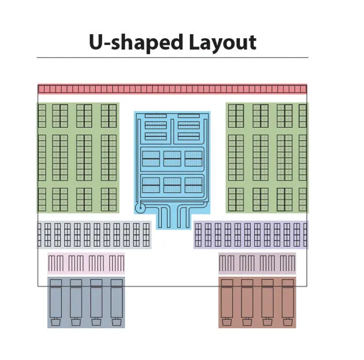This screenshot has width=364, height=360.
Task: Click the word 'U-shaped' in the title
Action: click(x=135, y=42)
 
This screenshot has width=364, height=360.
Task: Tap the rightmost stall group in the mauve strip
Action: click(x=287, y=263)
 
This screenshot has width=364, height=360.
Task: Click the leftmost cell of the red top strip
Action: click(x=41, y=89)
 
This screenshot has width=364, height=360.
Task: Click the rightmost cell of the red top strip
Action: click(x=304, y=89)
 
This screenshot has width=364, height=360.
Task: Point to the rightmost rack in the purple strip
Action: click(x=304, y=235)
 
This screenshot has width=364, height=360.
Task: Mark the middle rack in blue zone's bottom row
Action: click(x=172, y=185)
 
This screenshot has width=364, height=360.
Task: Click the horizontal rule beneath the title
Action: click(x=172, y=58)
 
